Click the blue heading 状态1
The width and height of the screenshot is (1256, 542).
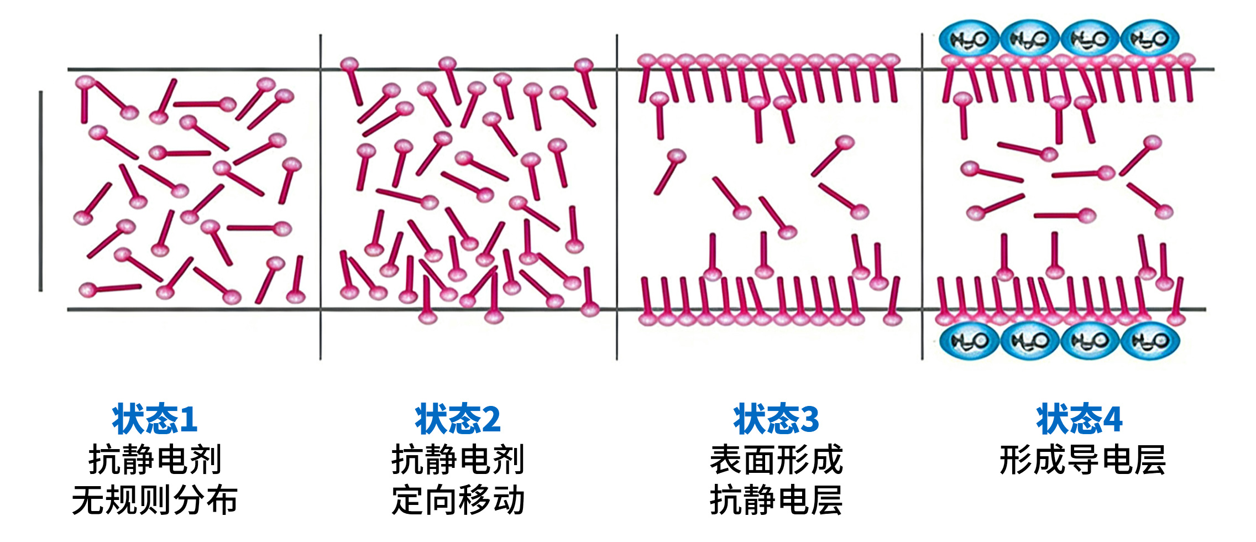(x=155, y=419)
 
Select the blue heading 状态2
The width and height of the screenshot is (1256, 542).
(x=458, y=419)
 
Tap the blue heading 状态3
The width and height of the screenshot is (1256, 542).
(x=776, y=419)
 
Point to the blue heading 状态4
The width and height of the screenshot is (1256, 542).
(x=1079, y=419)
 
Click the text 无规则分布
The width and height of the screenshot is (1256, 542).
(x=155, y=501)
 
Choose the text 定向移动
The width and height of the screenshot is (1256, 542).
(x=458, y=501)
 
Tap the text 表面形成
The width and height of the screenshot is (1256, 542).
(x=776, y=460)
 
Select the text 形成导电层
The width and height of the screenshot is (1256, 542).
(x=1082, y=460)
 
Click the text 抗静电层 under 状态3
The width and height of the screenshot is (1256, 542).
(x=776, y=501)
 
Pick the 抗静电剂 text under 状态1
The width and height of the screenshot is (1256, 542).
(x=155, y=460)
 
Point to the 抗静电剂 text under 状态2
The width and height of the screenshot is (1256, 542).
(x=458, y=460)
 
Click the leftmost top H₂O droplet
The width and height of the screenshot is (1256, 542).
(x=969, y=39)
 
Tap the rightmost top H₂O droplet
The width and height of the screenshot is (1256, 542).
(x=1150, y=39)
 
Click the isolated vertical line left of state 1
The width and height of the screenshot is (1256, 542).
(x=40, y=191)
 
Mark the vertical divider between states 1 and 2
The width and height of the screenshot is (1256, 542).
(x=320, y=196)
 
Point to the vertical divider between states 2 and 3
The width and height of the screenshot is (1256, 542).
(x=617, y=196)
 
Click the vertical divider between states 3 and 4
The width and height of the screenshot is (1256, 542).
(x=922, y=196)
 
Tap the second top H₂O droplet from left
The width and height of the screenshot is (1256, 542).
(x=1029, y=39)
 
